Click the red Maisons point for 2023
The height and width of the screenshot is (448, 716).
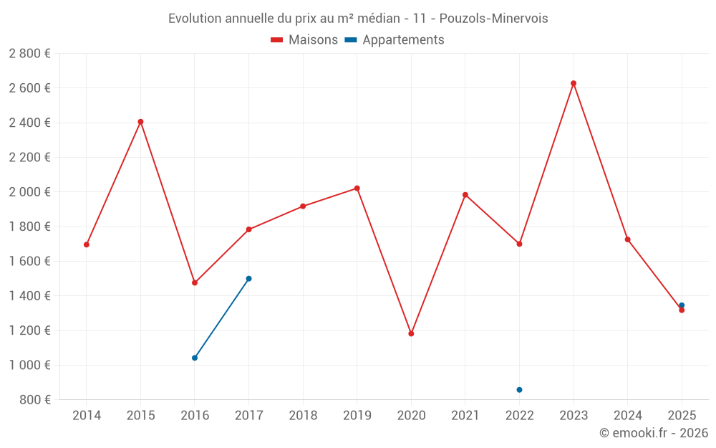[574, 83]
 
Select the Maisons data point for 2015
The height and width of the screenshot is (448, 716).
[140, 122]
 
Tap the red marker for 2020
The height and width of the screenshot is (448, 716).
[411, 333]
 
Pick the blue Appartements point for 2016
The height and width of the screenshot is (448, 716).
[195, 358]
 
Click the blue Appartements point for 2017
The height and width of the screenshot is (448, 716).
[248, 278]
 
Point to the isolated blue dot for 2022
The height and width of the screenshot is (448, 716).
[519, 390]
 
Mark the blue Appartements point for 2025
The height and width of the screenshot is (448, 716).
[682, 305]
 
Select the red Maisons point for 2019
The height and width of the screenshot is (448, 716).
[357, 189]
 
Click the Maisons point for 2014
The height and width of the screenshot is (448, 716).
[87, 244]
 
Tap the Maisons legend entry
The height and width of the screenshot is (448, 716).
[304, 40]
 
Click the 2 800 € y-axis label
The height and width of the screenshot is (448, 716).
[29, 54]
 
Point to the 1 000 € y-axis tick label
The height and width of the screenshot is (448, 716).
[29, 365]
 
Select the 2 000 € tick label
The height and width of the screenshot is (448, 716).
[29, 192]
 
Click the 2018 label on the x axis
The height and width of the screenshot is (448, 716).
[303, 415]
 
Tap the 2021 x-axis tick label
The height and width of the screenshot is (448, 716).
[465, 415]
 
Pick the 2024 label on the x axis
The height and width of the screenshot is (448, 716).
[627, 415]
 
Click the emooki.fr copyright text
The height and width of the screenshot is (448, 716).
[653, 433]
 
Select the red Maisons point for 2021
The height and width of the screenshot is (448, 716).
[465, 195]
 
